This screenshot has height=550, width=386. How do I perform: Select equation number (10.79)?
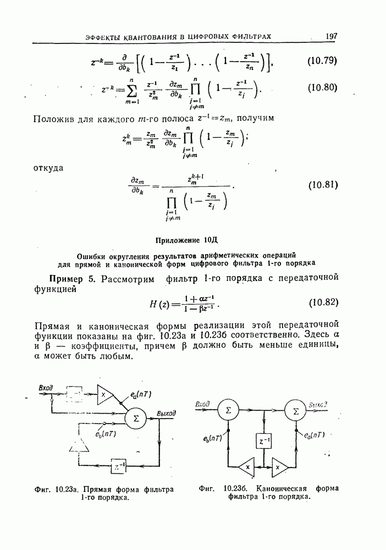322,61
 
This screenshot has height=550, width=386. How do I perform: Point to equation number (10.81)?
322,184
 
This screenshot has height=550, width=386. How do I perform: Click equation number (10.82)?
322,302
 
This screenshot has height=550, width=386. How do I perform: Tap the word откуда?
49,168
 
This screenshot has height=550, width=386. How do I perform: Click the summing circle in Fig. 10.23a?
136,418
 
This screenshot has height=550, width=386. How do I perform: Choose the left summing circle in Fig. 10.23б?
228,410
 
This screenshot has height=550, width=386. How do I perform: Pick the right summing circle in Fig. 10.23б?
296,410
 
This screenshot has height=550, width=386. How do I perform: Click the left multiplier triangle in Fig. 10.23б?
247,468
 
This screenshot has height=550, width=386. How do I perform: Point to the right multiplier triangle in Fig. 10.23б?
279,468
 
